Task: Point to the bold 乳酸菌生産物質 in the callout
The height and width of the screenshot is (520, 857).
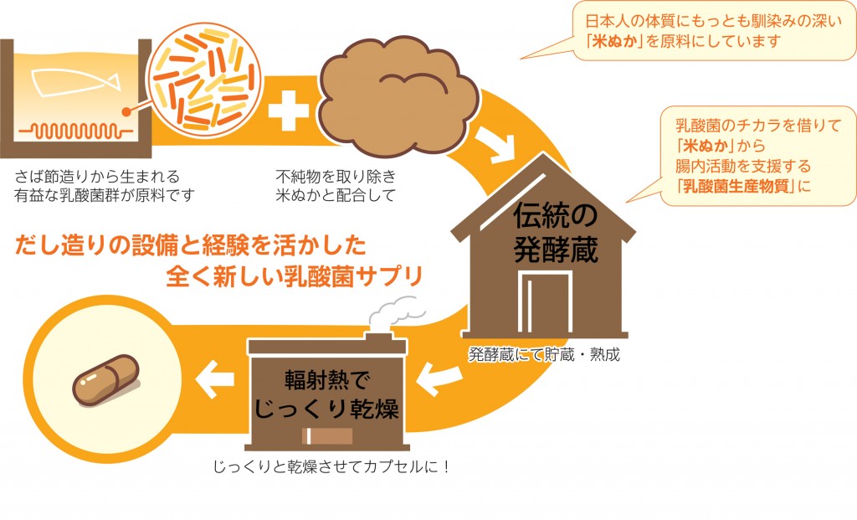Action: pos(737,186)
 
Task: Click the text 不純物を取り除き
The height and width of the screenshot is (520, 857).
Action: pos(334,177)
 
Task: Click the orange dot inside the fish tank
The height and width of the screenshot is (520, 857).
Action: pos(126,111)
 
